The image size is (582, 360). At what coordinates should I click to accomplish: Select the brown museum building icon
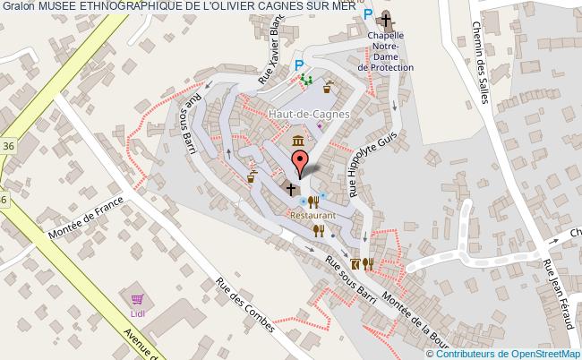tap(296, 141)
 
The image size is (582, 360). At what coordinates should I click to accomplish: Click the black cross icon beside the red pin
tap(290, 189)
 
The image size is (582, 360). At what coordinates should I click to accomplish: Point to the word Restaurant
tap(312, 216)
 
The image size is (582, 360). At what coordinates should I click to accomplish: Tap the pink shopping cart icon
tap(137, 301)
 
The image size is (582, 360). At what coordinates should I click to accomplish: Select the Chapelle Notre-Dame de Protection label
tap(386, 51)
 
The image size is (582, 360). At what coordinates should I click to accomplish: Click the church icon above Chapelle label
tap(386, 19)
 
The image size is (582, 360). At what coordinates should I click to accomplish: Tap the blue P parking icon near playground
tap(300, 64)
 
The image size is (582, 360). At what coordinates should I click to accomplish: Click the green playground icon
tap(307, 81)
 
